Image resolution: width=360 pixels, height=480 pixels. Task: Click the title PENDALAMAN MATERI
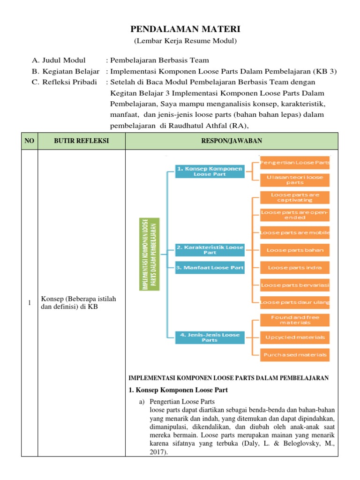pos(180,30)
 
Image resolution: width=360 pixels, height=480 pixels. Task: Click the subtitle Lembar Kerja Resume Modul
pos(180,41)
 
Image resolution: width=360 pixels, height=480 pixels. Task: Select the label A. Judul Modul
pos(59,60)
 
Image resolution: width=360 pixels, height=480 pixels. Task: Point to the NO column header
pos(30,141)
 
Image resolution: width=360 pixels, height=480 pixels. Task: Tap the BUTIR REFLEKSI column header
pos(82,141)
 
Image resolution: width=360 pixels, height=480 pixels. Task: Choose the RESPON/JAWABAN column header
pos(232,141)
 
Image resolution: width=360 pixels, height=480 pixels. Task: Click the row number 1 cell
pos(30,303)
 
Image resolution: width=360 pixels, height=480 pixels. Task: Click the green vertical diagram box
pos(150,255)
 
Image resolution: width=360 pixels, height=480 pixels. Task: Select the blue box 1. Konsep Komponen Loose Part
pos(210,171)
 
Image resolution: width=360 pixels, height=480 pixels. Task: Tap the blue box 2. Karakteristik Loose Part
pos(210,249)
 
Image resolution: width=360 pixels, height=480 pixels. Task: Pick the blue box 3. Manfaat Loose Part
pos(210,268)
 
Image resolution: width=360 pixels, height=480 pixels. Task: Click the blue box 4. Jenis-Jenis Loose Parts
pos(210,337)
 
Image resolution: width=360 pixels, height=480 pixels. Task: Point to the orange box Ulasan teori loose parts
pos(295,180)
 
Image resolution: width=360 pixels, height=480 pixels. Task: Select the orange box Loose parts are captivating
pos(295,197)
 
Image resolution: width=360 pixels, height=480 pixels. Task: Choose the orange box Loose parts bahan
pos(295,250)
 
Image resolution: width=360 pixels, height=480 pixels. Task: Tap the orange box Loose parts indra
pos(295,268)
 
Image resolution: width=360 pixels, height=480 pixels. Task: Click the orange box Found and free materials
pos(295,320)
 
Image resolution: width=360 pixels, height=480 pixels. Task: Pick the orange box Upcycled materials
pos(295,337)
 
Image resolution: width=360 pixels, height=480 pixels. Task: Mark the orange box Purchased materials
pos(295,355)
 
